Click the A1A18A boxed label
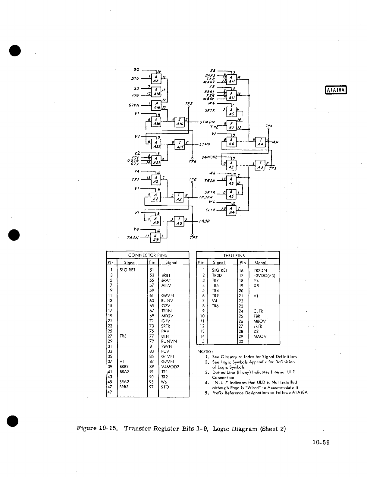[x=336, y=90]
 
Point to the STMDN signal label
[x=208, y=122]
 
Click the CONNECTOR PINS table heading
[x=147, y=255]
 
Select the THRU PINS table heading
[x=238, y=255]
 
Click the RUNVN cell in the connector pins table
[x=169, y=341]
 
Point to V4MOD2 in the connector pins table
[x=170, y=367]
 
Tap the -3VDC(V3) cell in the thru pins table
[x=265, y=275]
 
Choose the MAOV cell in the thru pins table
[x=260, y=336]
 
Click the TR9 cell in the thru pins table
[x=215, y=295]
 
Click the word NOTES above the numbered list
[x=205, y=352]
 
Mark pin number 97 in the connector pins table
[x=152, y=387]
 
